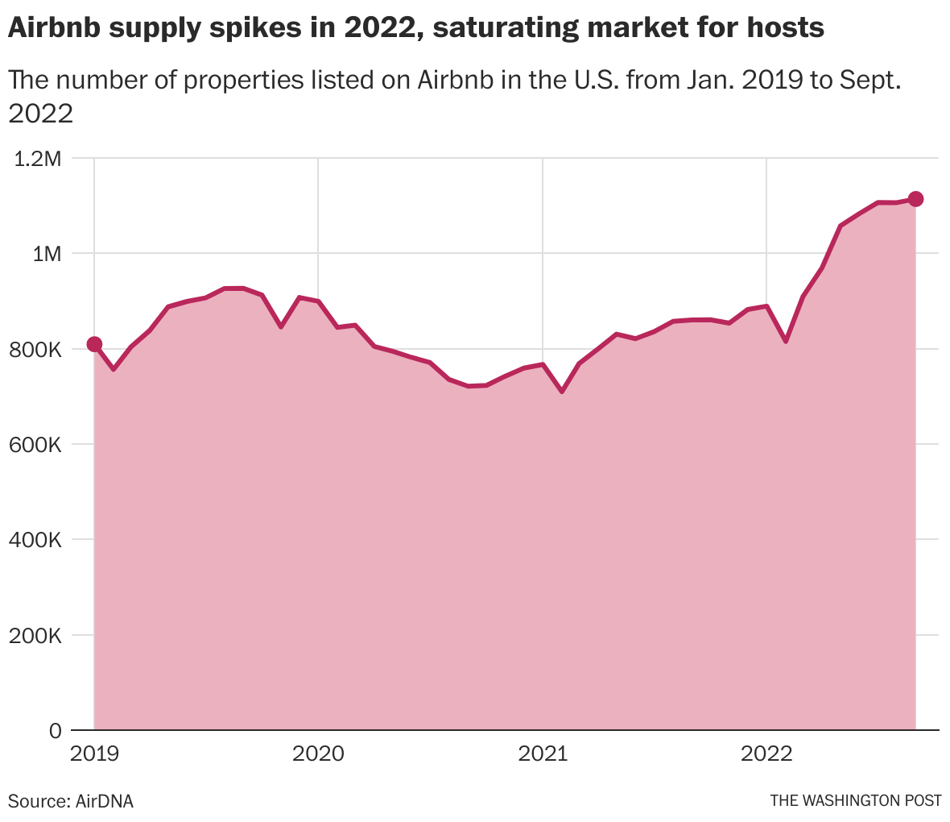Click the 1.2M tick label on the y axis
pyautogui.click(x=38, y=159)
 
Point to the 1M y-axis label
pyautogui.click(x=47, y=254)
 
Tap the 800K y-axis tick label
pyautogui.click(x=35, y=350)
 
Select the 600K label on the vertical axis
pyautogui.click(x=35, y=445)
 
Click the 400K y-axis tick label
pyautogui.click(x=35, y=540)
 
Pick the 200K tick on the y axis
pyautogui.click(x=35, y=636)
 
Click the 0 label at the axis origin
pyautogui.click(x=55, y=730)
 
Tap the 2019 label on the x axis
pyautogui.click(x=94, y=753)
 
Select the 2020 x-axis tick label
pyautogui.click(x=318, y=753)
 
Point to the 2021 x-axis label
pyautogui.click(x=543, y=753)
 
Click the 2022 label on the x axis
pyautogui.click(x=767, y=753)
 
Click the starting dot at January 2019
pyautogui.click(x=94, y=344)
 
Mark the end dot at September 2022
pyautogui.click(x=915, y=199)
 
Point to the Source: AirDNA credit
pyautogui.click(x=70, y=801)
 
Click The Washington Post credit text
pyautogui.click(x=856, y=801)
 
